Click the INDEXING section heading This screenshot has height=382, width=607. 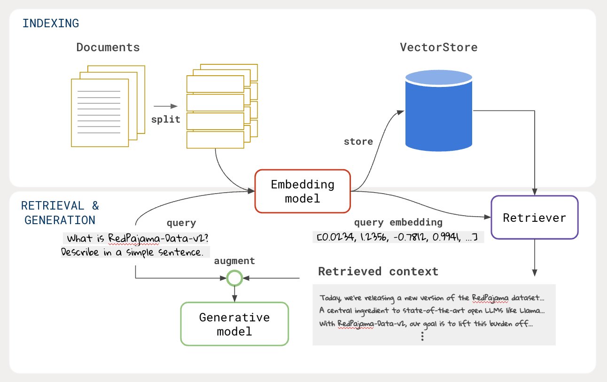tap(51, 23)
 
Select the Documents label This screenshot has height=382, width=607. tap(108, 47)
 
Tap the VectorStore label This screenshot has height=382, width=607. tap(438, 47)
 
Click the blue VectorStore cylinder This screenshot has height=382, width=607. tap(439, 110)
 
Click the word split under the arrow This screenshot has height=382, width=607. tap(165, 119)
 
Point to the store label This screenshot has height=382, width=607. tap(358, 141)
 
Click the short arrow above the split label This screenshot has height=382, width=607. tap(165, 106)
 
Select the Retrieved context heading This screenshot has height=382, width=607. tap(378, 272)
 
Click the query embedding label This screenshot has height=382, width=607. tap(398, 222)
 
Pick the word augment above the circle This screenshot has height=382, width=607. tap(234, 261)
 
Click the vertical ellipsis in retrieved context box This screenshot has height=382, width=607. tap(422, 336)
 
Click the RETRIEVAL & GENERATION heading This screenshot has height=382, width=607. tap(60, 213)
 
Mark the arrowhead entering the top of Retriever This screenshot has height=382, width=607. tap(534, 192)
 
